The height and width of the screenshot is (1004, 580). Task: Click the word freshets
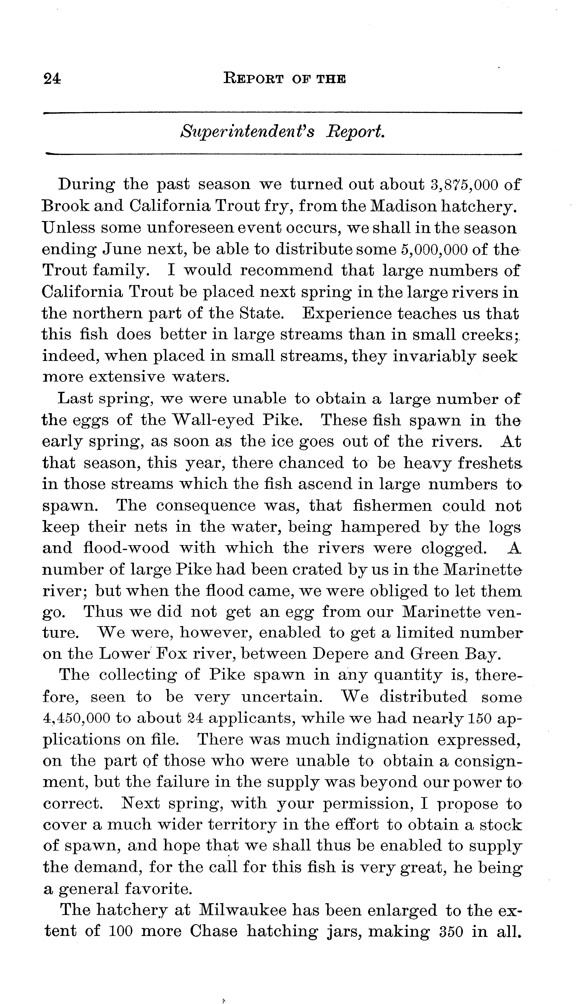click(x=489, y=463)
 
